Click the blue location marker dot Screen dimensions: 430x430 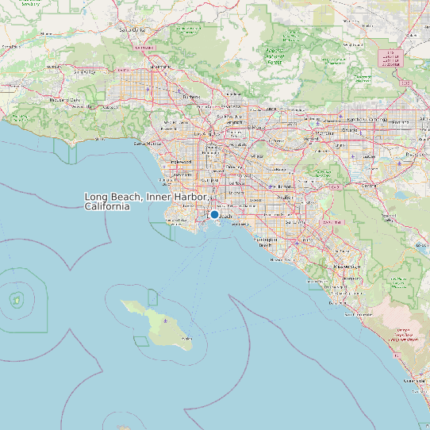coord(214,214)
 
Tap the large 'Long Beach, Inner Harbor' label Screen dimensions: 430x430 coord(147,201)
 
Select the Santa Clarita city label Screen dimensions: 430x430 coord(133,30)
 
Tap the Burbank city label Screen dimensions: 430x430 coord(191,97)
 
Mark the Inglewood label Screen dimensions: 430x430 coord(182,162)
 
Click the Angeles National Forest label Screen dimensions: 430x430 coord(275,56)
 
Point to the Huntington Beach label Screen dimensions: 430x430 coord(266,241)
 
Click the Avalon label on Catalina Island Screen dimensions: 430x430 coord(186,339)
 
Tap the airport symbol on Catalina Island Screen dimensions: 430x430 coord(165,320)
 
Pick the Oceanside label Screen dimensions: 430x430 coord(415,382)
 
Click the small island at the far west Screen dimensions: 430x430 coord(16,300)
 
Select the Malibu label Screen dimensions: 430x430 coord(98,139)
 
